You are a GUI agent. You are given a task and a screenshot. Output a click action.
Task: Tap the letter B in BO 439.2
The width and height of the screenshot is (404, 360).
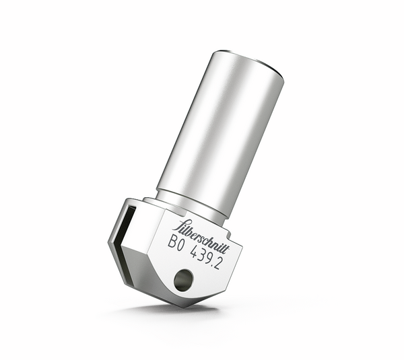[172, 242]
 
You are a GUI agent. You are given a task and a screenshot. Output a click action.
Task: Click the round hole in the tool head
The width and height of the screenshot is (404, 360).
[183, 280]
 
